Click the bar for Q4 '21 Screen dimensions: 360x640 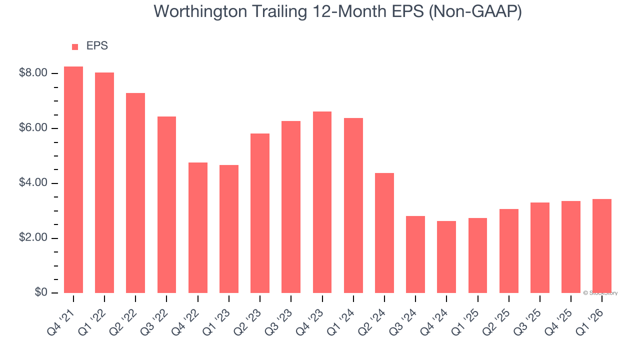pyautogui.click(x=73, y=180)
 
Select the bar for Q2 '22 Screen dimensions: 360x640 pyautogui.click(x=135, y=193)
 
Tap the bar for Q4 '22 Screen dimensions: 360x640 pyautogui.click(x=198, y=227)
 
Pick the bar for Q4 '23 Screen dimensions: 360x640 pyautogui.click(x=322, y=202)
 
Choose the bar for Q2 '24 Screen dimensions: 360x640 pyautogui.click(x=384, y=233)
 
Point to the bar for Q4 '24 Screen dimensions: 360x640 pyautogui.click(x=446, y=257)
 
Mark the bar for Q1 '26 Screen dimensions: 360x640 pyautogui.click(x=602, y=246)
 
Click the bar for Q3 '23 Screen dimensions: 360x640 pyautogui.click(x=291, y=207)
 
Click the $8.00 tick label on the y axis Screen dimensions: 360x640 pyautogui.click(x=33, y=73)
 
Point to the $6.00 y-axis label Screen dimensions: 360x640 pyautogui.click(x=33, y=128)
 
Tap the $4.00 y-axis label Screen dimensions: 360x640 pyautogui.click(x=33, y=183)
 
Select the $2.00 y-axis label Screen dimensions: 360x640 pyautogui.click(x=33, y=238)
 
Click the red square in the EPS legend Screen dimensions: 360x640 pyautogui.click(x=75, y=47)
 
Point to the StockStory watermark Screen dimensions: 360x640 pyautogui.click(x=600, y=293)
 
